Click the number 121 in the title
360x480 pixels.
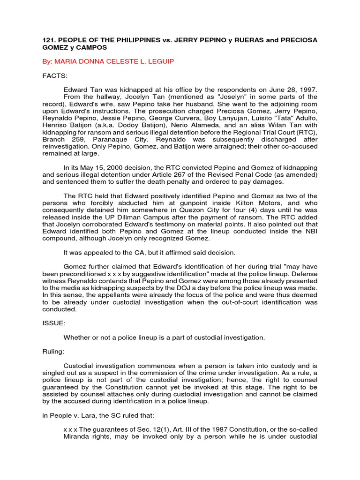pyautogui.click(x=49, y=40)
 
